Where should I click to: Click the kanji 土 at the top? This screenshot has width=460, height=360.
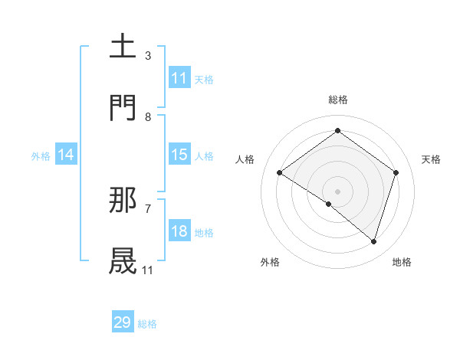(123, 46)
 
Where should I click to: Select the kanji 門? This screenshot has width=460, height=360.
(123, 108)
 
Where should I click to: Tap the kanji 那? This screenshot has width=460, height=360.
(123, 200)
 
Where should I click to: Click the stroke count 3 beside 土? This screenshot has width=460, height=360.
(147, 55)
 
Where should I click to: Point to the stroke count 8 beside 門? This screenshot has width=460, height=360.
(147, 116)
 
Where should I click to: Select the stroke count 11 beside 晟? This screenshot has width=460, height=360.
(147, 270)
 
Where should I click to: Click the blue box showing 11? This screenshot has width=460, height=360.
(179, 78)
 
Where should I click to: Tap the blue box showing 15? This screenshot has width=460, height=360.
(179, 155)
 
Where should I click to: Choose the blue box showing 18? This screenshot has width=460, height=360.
(179, 231)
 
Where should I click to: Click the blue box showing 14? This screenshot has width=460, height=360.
(66, 155)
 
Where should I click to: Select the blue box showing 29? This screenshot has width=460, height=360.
(123, 322)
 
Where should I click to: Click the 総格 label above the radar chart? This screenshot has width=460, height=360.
(337, 100)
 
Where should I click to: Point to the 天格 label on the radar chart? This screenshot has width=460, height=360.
(431, 159)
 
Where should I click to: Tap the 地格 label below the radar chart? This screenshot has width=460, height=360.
(402, 262)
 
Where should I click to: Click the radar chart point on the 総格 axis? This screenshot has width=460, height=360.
(337, 130)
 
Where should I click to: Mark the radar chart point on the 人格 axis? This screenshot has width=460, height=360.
(280, 172)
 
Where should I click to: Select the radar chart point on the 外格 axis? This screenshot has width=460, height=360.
(329, 204)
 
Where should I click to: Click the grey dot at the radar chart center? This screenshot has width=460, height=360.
(337, 191)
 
